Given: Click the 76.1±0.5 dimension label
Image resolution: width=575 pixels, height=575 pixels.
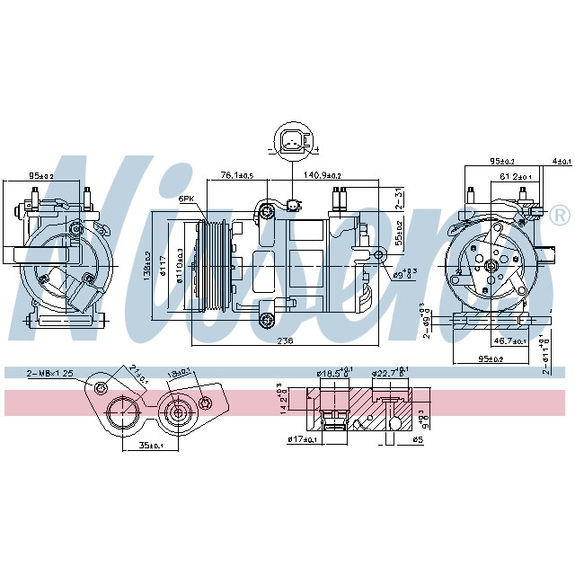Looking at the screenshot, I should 238,175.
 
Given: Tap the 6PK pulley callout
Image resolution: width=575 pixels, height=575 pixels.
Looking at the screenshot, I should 186,198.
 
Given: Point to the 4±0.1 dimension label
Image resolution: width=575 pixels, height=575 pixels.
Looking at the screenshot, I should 562,162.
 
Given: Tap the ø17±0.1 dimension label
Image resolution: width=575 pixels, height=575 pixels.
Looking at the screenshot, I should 304,439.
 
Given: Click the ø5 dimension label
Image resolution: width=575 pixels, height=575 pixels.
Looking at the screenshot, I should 415,439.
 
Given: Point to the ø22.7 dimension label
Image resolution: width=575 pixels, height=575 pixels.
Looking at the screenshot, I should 388,372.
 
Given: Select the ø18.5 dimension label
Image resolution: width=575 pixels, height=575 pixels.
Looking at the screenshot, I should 333,372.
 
